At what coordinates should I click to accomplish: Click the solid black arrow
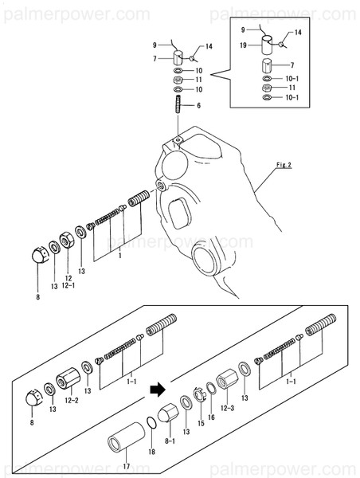point(158,390)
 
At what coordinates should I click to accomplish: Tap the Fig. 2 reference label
point(284,165)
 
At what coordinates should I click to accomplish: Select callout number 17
point(126,466)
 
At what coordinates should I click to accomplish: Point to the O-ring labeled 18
point(151,423)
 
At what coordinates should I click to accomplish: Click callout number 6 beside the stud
point(199,105)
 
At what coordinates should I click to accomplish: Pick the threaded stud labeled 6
point(178,104)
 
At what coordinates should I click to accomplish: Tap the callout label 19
point(243,45)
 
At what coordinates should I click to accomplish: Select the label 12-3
point(228,408)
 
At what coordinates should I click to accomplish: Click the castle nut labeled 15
point(200,394)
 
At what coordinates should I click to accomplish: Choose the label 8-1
point(170,441)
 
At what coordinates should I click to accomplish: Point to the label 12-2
point(72,400)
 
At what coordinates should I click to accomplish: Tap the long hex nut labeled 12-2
point(68,378)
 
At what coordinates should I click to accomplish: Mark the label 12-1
point(68,285)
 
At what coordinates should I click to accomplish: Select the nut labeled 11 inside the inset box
point(267,88)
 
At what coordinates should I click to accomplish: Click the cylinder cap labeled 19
point(268,45)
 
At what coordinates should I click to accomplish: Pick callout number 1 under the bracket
point(120,256)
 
